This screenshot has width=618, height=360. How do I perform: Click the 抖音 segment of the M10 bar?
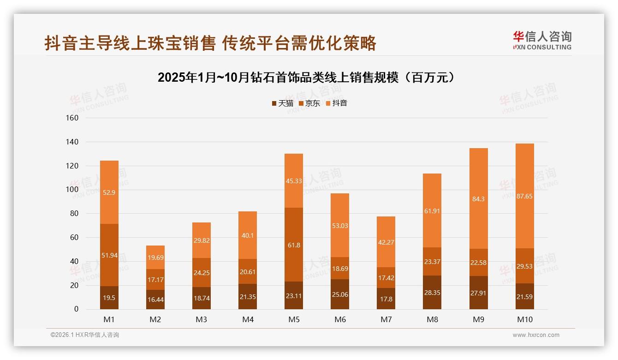[524, 196]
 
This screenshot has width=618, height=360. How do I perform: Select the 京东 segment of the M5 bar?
[294, 245]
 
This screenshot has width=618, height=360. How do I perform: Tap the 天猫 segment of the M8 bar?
[432, 292]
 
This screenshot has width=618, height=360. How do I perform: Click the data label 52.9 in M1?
[109, 192]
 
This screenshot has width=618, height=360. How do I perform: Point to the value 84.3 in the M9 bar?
[478, 199]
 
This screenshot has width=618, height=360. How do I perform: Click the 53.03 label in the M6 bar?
[340, 225]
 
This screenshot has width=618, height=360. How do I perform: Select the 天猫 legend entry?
[282, 103]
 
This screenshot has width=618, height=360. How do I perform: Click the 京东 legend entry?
[309, 103]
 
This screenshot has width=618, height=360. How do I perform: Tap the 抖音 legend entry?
[336, 103]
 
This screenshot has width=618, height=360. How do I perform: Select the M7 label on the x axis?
[386, 319]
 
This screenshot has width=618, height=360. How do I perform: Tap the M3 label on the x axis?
[202, 319]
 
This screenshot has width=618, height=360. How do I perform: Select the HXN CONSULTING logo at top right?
[542, 40]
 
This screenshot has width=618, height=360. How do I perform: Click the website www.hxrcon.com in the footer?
[536, 335]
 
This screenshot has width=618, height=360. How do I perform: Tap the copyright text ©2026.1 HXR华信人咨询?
[85, 335]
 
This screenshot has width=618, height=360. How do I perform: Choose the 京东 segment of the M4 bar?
[248, 271]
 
